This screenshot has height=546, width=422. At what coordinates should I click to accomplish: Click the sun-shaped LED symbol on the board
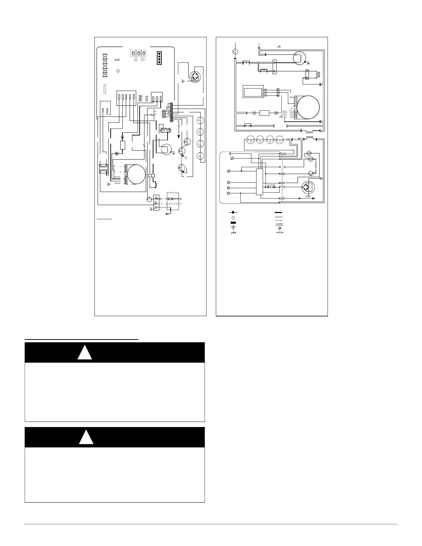[x=118, y=71]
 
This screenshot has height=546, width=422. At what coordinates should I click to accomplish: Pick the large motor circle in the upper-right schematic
[x=308, y=108]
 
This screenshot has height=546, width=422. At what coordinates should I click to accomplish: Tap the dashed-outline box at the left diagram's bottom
[x=173, y=201]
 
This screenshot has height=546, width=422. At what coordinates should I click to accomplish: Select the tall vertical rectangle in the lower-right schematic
[x=259, y=182]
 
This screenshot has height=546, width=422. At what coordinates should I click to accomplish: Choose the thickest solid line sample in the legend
[x=279, y=213]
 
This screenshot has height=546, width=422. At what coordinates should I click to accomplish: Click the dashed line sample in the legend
[x=279, y=222]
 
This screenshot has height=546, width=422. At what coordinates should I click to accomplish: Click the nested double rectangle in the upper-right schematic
[x=253, y=92]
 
